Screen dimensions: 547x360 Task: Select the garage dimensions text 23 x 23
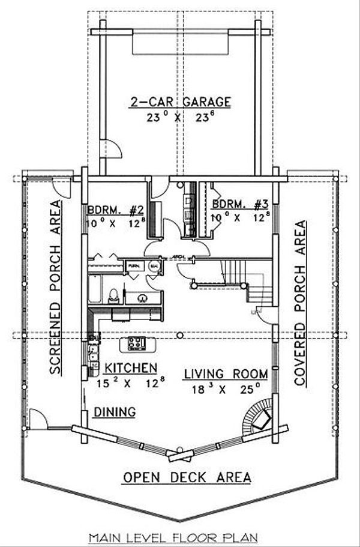click(181, 118)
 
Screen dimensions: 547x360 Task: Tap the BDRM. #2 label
click(115, 211)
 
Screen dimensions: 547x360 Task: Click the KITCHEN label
click(130, 366)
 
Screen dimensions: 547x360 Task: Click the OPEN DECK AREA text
click(187, 477)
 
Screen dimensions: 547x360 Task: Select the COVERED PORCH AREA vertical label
click(300, 303)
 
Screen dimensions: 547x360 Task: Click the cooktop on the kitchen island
click(137, 344)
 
